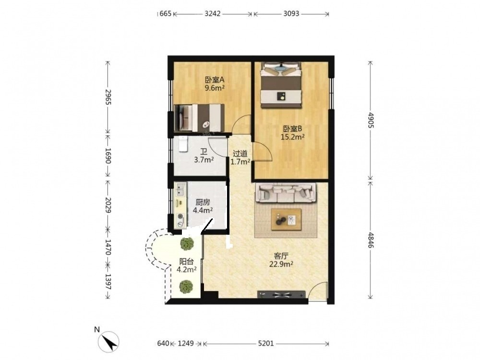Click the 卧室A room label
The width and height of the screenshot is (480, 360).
215,80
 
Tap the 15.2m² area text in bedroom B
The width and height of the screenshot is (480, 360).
293,137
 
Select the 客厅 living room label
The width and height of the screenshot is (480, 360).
281,256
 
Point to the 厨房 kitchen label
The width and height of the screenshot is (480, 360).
203,202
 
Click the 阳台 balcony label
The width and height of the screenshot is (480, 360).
186,262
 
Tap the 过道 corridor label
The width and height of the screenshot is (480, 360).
240,154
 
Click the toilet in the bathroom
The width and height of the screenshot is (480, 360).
183,144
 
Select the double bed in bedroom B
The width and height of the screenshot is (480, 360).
281,85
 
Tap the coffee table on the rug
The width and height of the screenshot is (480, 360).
286,219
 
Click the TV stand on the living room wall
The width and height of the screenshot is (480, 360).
281,294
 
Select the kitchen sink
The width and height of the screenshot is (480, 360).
180,190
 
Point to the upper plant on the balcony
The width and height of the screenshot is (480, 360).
187,243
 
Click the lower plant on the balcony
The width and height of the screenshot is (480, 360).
186,287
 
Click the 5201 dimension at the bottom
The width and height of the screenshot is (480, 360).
266,344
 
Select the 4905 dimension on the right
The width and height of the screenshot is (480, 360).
371,120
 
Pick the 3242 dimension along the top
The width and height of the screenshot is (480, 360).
213,14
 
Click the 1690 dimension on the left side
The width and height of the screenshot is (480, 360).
108,156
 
